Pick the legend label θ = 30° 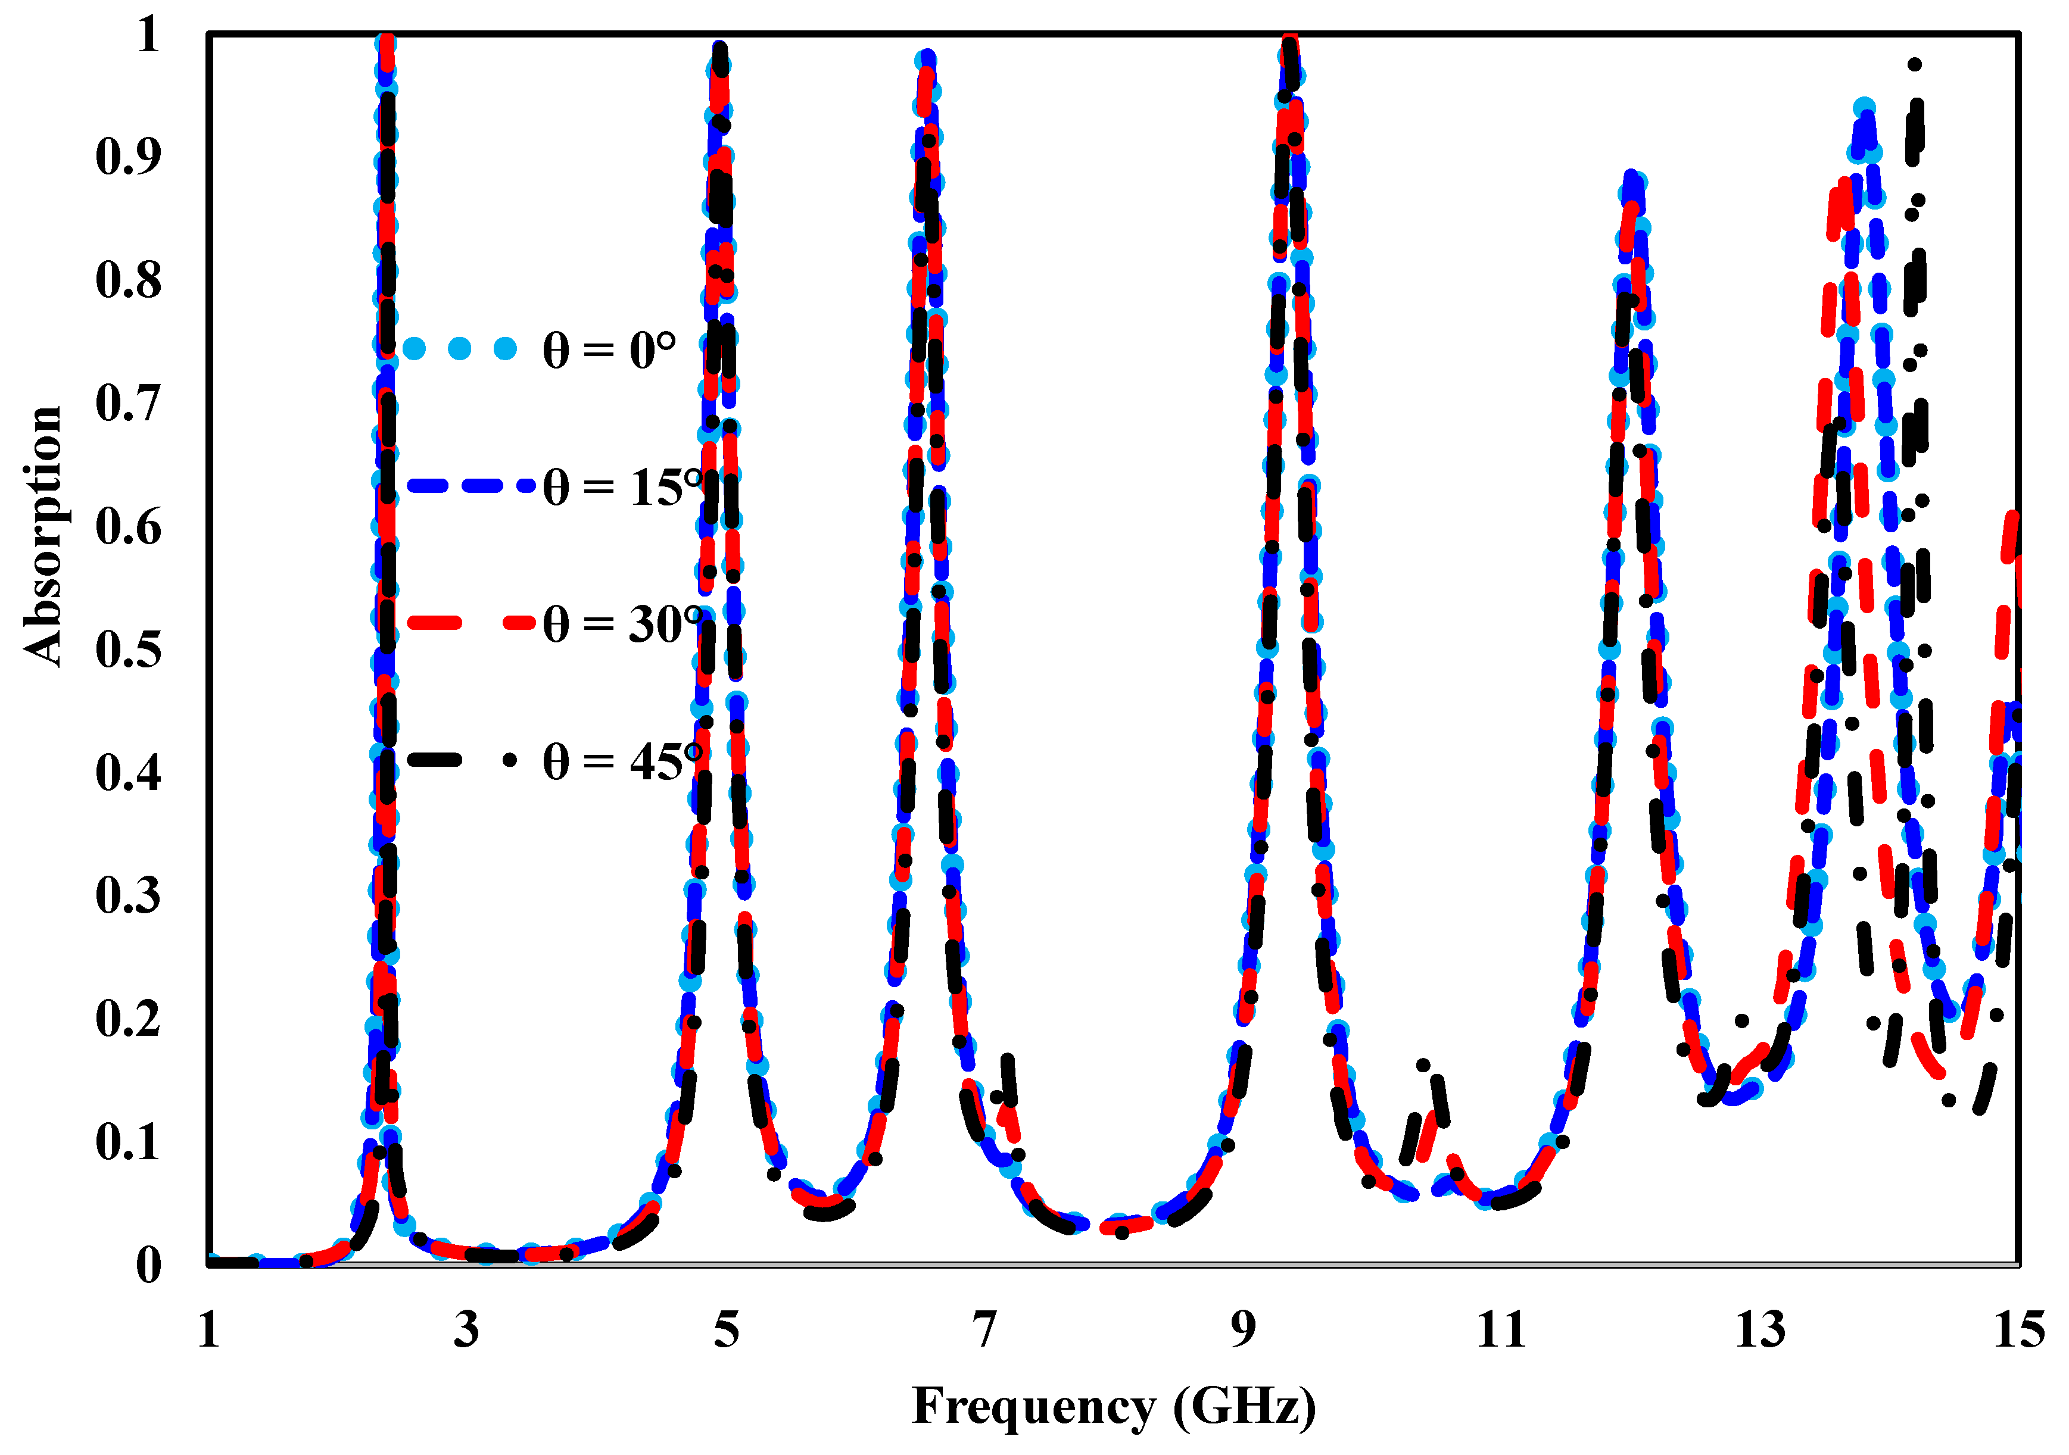pos(622,625)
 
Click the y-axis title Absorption pos(42,536)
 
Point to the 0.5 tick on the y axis pos(128,650)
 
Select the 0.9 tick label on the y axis pos(128,157)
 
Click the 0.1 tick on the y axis pos(128,1142)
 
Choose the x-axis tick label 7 pos(985,1330)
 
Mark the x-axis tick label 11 pos(1501,1330)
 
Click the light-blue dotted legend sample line pos(460,349)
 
